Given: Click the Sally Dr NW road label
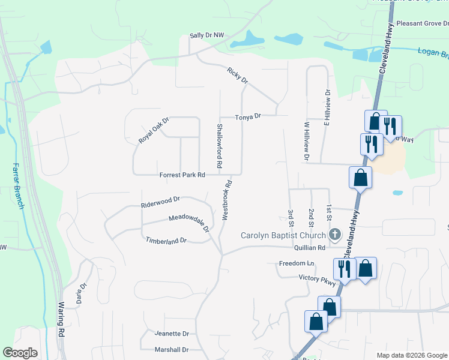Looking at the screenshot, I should tap(206, 36).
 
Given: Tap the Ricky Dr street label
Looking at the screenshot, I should tap(237, 76).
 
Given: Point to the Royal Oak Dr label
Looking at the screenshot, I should tap(154, 130).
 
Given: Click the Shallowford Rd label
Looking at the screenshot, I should tap(220, 145).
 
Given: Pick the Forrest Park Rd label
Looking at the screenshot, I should tap(182, 175).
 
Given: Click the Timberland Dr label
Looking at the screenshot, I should tap(166, 240).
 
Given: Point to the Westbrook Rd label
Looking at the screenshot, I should tap(227, 201).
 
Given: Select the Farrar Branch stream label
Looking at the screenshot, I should tap(19, 187).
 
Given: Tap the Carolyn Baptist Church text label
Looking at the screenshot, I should tap(283, 235).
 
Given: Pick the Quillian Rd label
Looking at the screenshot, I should tap(310, 247).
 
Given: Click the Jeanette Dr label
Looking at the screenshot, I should tap(172, 334).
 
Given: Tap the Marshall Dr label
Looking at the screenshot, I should tap(172, 349).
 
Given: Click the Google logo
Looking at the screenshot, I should tap(20, 353).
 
